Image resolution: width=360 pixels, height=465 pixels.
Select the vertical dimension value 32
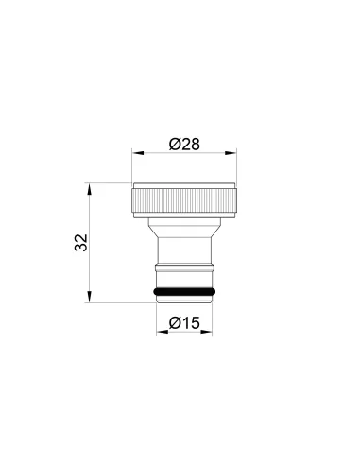[81, 242]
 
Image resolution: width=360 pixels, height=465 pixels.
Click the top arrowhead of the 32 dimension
[91, 187]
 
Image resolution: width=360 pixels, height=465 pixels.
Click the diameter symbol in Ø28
[174, 144]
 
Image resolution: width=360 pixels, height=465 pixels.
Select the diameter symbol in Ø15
[174, 322]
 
